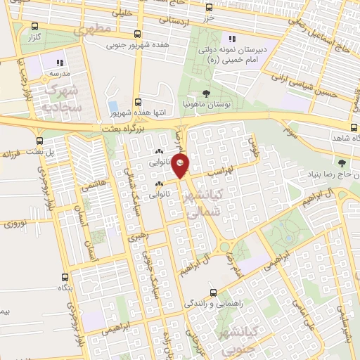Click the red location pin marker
coord(181,165)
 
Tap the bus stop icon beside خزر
coord(209,8)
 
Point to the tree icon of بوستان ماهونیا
coord(205,93)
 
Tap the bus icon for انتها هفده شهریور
coord(137,101)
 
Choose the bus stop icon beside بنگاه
coord(65,277)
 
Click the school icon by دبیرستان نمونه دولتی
coord(231,39)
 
